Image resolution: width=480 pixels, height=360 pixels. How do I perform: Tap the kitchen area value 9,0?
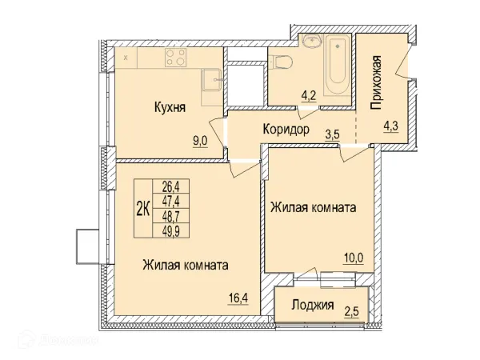(198, 139)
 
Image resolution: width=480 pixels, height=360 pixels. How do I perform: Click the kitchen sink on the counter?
(213, 79)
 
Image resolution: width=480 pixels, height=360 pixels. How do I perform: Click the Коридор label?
(285, 130)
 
